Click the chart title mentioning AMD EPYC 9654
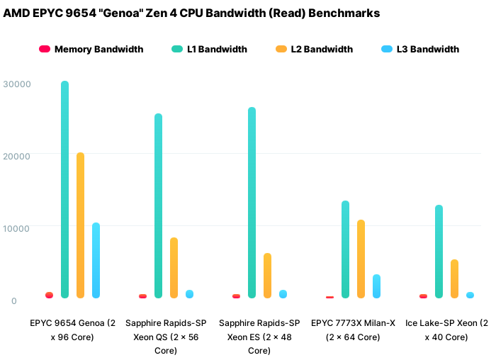[x=191, y=13]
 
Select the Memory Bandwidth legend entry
[x=91, y=49]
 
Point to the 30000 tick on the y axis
[x=17, y=84]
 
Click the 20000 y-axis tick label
[x=17, y=156]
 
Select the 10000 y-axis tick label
[x=17, y=228]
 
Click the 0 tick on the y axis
[x=13, y=300]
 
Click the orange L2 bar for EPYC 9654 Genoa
[x=80, y=225]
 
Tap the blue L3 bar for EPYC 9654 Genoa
[x=96, y=260]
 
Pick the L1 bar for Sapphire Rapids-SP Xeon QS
[x=158, y=206]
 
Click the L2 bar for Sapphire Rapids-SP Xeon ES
[x=267, y=275]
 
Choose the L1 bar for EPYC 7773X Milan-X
[x=345, y=249]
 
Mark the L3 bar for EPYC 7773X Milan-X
[x=376, y=286]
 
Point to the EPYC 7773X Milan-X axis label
[x=353, y=330]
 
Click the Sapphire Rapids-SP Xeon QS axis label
[x=166, y=336]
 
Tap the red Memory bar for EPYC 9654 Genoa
[x=49, y=295]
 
